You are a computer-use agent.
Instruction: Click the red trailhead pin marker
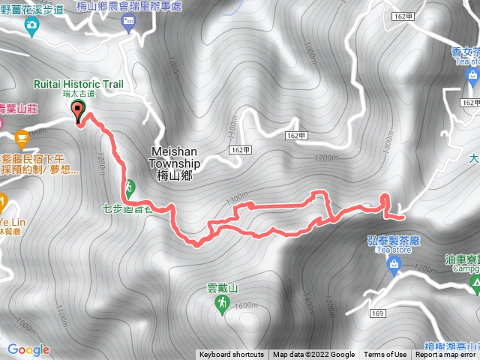tap(78, 111)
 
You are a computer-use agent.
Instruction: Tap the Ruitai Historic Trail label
tap(78, 85)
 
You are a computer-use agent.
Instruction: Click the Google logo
tap(28, 349)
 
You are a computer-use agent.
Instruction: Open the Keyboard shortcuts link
tap(232, 355)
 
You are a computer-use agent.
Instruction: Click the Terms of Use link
tap(385, 355)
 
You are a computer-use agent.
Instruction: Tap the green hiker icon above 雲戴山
tap(223, 302)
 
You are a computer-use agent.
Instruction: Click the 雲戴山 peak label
tap(222, 288)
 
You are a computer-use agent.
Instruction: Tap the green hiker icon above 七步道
tap(129, 185)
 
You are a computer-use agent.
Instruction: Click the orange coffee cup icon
tap(22, 136)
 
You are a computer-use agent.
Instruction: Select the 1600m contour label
tap(246, 306)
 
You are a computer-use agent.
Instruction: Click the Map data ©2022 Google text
tap(313, 355)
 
